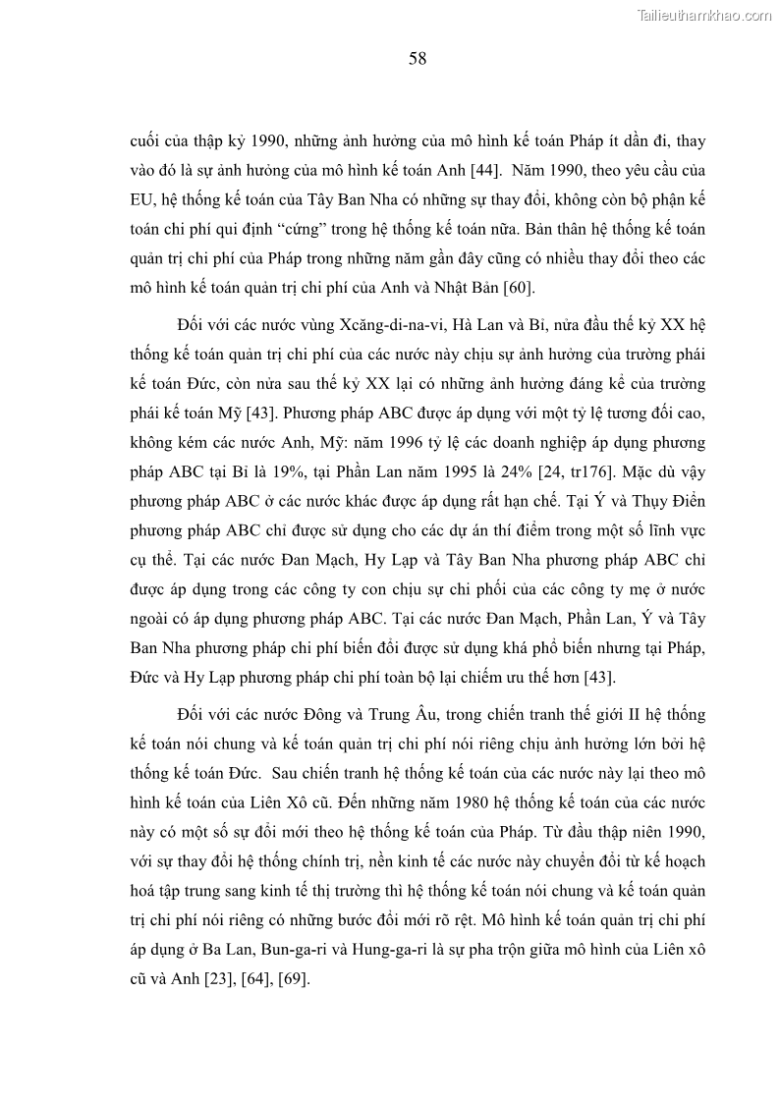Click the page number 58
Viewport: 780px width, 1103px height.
[x=417, y=59]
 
